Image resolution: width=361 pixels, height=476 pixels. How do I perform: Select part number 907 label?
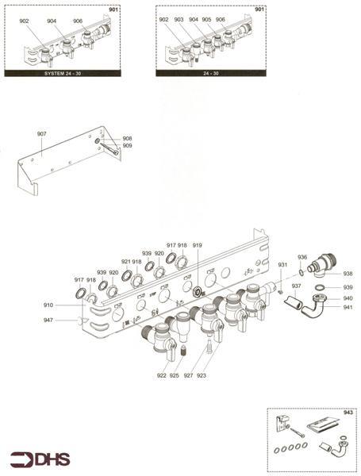click(x=42, y=133)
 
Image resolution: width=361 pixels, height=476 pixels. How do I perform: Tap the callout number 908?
click(x=128, y=139)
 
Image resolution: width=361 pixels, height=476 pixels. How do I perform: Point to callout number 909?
click(x=128, y=146)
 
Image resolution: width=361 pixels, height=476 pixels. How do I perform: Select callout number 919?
click(x=198, y=246)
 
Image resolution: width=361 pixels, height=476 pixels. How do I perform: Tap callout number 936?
click(x=302, y=257)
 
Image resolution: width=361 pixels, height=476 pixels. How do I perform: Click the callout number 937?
click(x=296, y=286)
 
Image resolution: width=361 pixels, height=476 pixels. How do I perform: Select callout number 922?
click(x=161, y=375)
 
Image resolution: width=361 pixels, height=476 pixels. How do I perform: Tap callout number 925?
click(x=174, y=375)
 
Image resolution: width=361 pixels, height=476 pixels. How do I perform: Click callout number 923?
click(x=202, y=375)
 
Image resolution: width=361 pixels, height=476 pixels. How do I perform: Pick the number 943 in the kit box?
click(x=348, y=413)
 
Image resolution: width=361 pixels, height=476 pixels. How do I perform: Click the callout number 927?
click(x=189, y=375)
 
